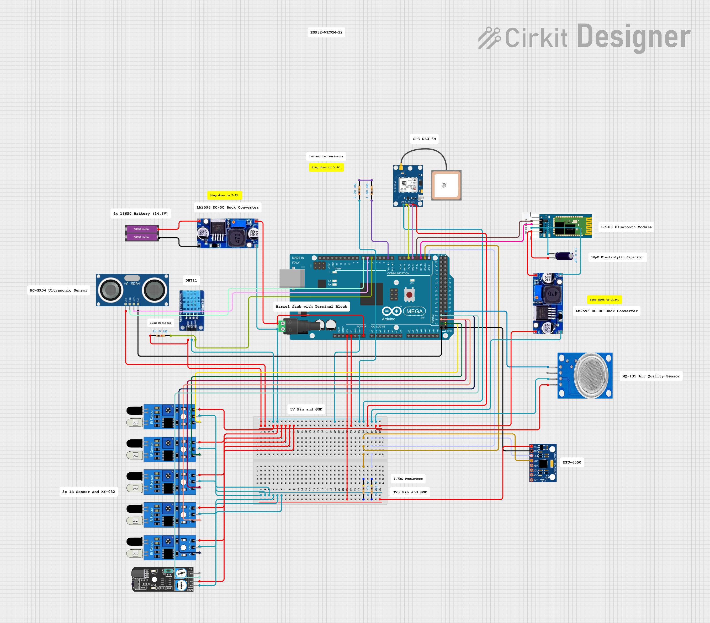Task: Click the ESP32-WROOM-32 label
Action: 326,32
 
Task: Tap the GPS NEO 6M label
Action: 424,139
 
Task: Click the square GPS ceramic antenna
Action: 446,185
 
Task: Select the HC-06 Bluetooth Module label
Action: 626,227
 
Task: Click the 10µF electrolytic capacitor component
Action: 564,256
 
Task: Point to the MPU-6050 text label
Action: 572,462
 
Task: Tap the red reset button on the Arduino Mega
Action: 409,295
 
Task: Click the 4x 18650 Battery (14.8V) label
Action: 140,214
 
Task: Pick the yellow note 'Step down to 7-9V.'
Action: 224,195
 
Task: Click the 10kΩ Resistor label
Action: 161,323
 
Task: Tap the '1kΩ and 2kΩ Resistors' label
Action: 326,156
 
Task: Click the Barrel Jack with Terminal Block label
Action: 311,307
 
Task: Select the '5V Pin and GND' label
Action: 306,409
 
